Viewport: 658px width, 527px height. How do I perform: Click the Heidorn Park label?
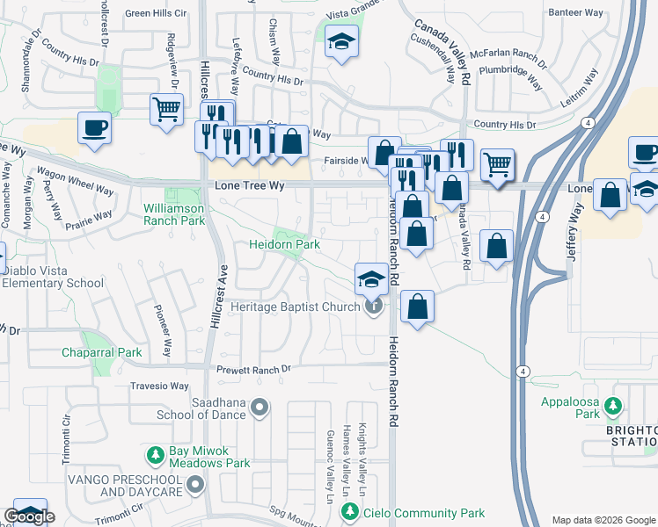coord(283,244)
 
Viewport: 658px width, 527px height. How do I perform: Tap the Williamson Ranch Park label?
coord(174,214)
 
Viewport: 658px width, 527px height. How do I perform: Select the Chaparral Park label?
coord(101,352)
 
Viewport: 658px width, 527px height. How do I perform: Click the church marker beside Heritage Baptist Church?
coord(375,307)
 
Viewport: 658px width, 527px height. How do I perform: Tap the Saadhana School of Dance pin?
coord(260,406)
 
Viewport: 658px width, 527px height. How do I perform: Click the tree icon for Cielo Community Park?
coord(351,512)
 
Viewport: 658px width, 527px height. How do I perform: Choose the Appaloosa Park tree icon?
coord(616,406)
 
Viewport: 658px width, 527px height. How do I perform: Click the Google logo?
coord(30,516)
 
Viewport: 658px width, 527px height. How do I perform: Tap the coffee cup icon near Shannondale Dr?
coord(95,127)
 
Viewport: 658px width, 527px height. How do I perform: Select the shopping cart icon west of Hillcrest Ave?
coord(166,110)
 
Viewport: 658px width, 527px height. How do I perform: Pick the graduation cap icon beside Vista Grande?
coord(341,41)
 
